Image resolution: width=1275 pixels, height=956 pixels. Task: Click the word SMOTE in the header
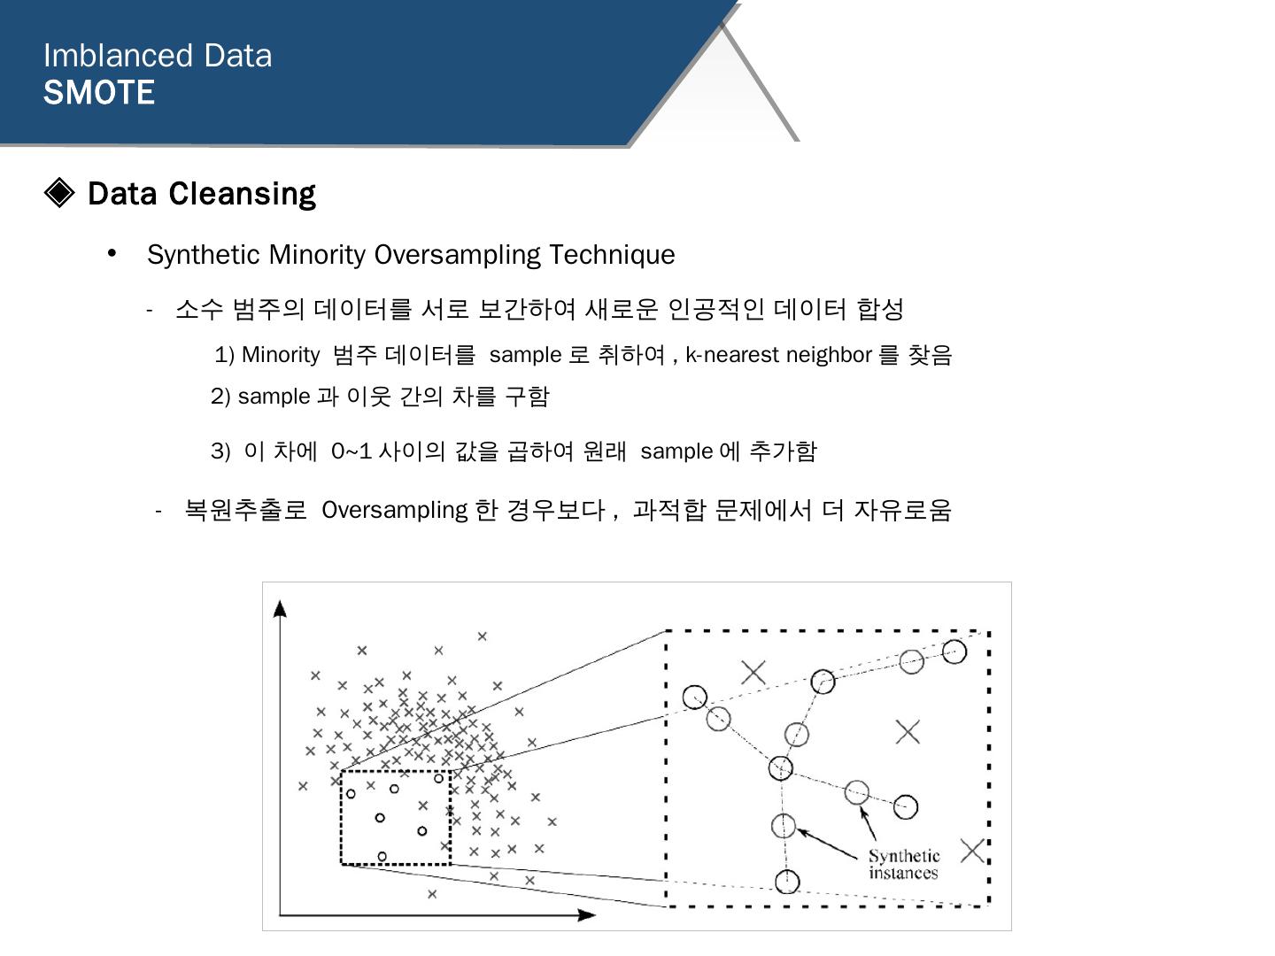click(99, 93)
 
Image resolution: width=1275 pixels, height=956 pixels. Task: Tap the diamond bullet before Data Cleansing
click(59, 192)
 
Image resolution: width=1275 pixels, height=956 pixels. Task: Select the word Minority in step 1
click(280, 355)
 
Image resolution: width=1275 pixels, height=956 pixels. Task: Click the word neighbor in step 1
click(829, 355)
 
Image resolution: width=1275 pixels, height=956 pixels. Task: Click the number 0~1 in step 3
click(351, 451)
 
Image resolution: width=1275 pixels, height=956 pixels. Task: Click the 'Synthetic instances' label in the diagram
click(903, 864)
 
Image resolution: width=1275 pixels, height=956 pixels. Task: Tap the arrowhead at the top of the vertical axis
click(280, 607)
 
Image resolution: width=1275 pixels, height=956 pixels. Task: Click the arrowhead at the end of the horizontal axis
click(586, 914)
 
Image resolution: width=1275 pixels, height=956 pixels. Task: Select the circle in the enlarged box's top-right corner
click(954, 652)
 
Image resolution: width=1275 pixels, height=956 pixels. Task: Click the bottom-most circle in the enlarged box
click(786, 882)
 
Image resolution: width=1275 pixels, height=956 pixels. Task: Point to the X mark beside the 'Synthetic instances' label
click(972, 851)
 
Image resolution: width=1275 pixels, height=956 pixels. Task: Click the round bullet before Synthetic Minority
click(112, 254)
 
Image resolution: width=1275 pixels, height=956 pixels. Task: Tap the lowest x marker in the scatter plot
click(432, 894)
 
